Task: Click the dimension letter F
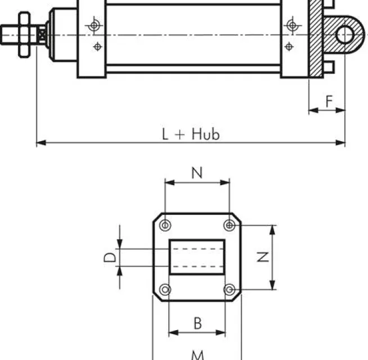[x=329, y=101]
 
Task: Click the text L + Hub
[x=191, y=134]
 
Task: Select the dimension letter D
[x=110, y=257]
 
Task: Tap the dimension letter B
[x=198, y=323]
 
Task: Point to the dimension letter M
[x=198, y=355]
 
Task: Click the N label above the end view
[x=197, y=173]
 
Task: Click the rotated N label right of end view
[x=263, y=257]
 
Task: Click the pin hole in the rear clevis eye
[x=345, y=35]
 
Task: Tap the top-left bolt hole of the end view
[x=165, y=225]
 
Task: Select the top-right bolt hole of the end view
[x=230, y=225]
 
